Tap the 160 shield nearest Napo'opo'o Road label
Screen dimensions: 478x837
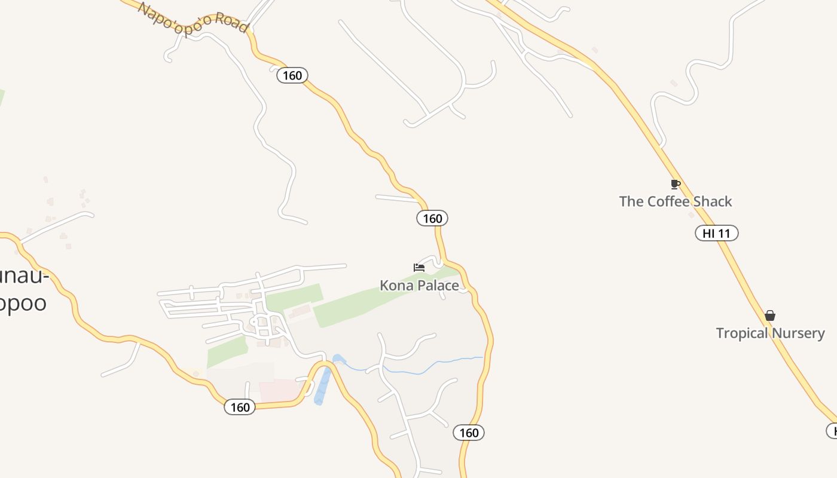click(x=292, y=75)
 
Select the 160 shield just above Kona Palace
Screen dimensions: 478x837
click(x=432, y=219)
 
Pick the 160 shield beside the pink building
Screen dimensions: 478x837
click(x=240, y=407)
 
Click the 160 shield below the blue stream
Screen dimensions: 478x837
click(x=469, y=433)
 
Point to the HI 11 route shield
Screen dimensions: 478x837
click(x=716, y=234)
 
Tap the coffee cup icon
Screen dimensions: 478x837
click(x=675, y=184)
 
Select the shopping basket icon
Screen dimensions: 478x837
click(x=770, y=315)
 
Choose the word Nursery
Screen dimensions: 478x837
click(x=799, y=333)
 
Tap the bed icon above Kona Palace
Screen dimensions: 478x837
click(x=419, y=267)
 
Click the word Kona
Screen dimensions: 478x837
click(x=395, y=286)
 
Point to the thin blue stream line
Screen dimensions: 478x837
click(x=418, y=372)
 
